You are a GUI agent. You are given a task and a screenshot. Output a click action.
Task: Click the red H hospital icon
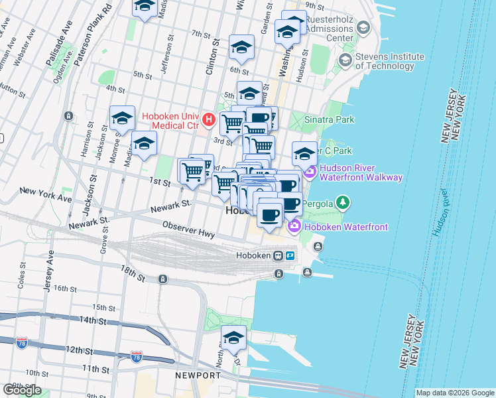(x=208, y=119)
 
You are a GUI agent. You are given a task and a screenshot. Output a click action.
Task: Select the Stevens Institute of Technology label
(x=385, y=61)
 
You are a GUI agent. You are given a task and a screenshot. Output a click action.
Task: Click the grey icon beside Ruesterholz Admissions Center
(x=363, y=29)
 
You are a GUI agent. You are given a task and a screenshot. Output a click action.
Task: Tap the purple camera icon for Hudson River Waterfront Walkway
(x=310, y=172)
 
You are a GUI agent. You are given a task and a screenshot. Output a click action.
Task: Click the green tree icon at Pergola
(x=342, y=201)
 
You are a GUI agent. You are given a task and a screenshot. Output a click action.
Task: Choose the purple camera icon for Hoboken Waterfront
(x=293, y=227)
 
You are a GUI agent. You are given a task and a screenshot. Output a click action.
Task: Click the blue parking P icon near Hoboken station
(x=290, y=255)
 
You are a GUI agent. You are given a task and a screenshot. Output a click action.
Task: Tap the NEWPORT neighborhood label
(x=197, y=375)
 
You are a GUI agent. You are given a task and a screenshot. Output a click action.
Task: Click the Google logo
(x=22, y=390)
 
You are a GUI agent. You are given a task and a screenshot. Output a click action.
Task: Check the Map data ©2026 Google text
(x=454, y=393)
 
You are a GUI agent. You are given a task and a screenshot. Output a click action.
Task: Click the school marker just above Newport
(x=233, y=338)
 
